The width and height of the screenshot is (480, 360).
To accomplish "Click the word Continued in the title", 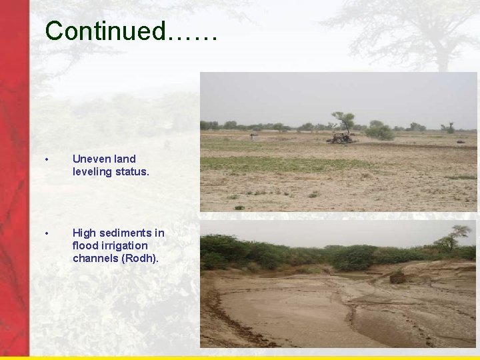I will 105,30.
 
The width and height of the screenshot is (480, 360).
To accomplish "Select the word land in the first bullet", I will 125,159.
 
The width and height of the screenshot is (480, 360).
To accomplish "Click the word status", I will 131,171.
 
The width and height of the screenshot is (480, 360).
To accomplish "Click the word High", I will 84,233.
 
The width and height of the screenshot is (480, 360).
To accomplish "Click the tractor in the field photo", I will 341,137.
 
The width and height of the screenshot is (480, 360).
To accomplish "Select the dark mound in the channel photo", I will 398,277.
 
